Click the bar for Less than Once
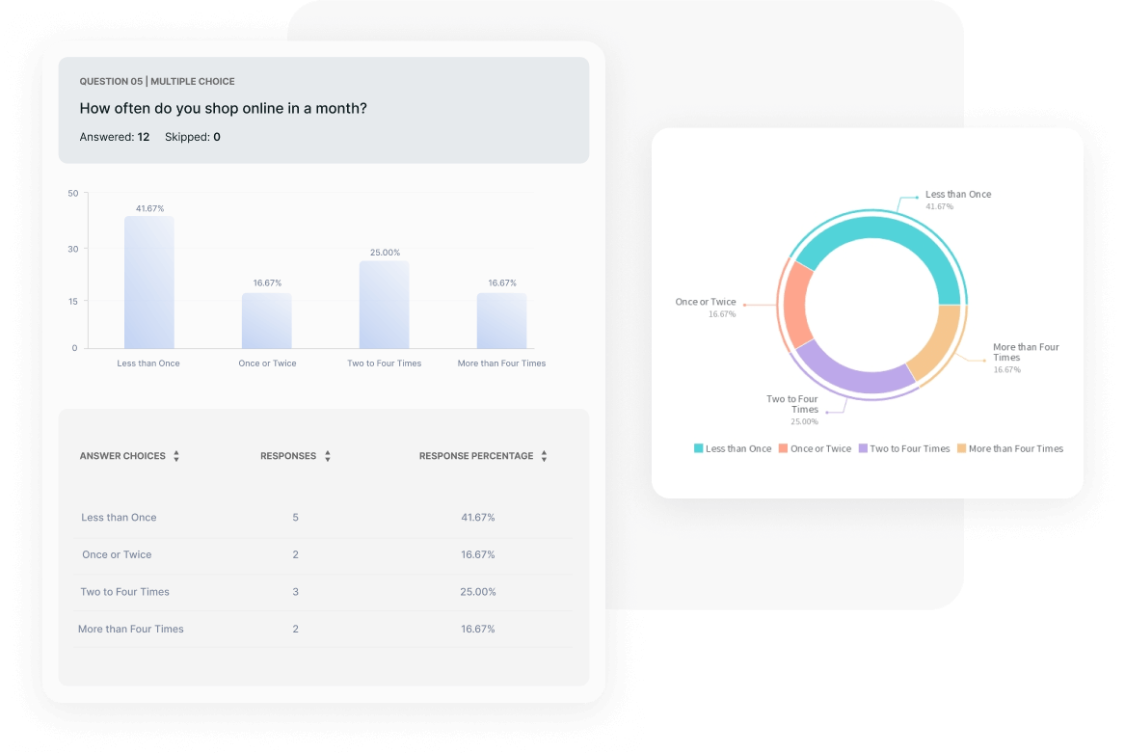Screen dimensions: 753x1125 [148, 282]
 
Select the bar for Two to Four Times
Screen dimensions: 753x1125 [384, 305]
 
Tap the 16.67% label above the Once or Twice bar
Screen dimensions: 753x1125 [267, 283]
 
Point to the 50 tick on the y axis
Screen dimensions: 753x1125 [73, 194]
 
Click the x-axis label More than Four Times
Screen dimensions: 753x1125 [501, 363]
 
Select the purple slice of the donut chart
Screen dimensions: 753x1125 [848, 371]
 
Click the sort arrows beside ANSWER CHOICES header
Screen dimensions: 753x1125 [176, 456]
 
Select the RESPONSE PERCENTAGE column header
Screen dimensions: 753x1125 [476, 456]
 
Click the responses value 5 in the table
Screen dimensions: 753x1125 [295, 518]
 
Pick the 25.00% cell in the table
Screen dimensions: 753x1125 [478, 592]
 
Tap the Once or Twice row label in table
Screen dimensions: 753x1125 [117, 554]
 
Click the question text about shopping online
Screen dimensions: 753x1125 [223, 108]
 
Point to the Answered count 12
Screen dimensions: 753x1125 [143, 137]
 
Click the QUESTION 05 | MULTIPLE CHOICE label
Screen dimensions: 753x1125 [157, 82]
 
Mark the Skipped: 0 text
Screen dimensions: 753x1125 [192, 137]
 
